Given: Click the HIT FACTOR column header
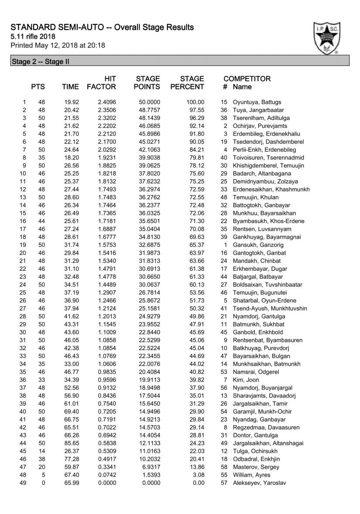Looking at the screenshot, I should click(x=101, y=83).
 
